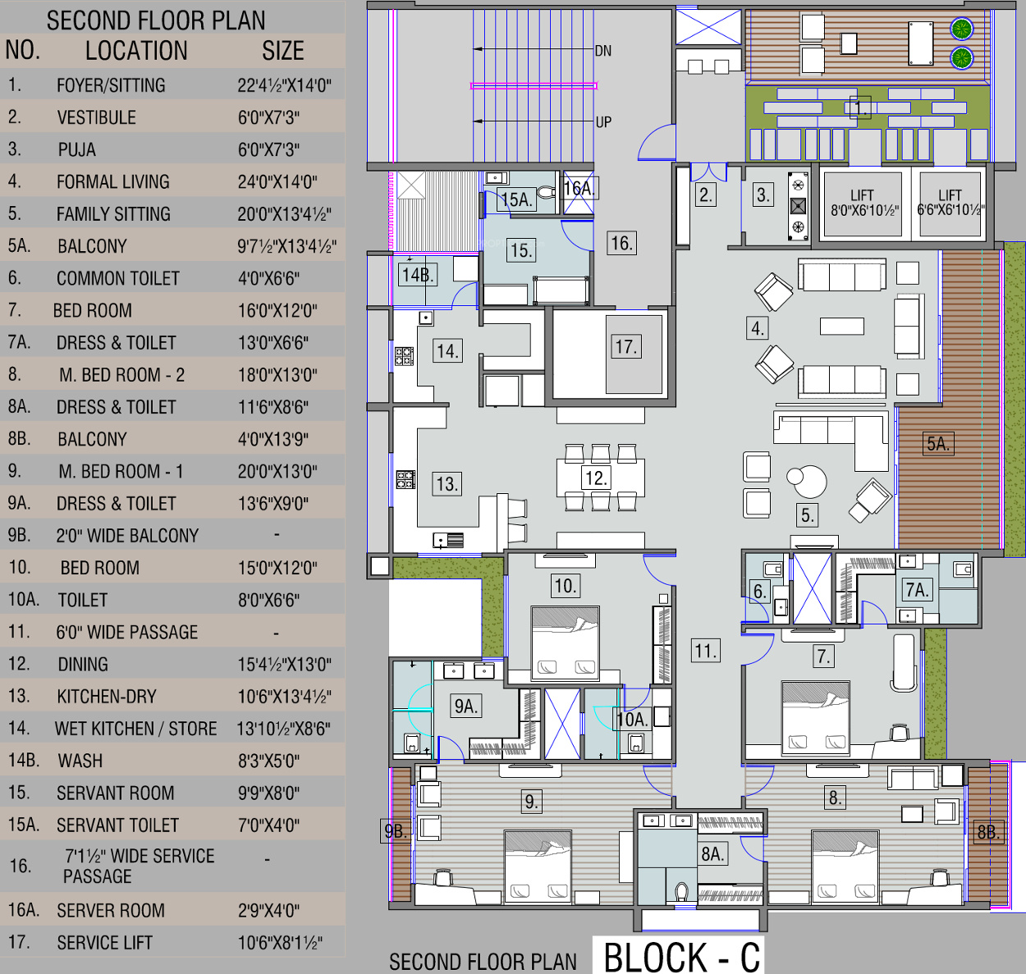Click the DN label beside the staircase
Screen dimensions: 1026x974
(602, 51)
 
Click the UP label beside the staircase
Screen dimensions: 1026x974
(603, 122)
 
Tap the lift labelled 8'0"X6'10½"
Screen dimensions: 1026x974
(863, 203)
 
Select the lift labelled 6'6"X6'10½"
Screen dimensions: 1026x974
(950, 203)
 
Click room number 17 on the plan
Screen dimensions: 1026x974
(626, 347)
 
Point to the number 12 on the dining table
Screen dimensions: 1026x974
(596, 478)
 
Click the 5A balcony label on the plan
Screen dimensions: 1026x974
(938, 443)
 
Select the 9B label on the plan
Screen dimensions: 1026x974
(395, 830)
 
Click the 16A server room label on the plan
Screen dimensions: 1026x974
(579, 189)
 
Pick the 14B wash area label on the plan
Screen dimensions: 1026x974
(418, 275)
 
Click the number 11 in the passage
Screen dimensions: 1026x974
(706, 651)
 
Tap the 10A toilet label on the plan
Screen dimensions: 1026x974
(632, 720)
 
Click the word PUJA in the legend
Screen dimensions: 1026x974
(76, 149)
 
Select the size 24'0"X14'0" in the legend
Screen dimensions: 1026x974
(277, 182)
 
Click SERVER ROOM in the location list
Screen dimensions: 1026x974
(111, 910)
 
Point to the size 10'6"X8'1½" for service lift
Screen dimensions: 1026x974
(280, 943)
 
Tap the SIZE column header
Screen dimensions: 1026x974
(283, 51)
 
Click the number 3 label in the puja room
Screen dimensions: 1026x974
(763, 195)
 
